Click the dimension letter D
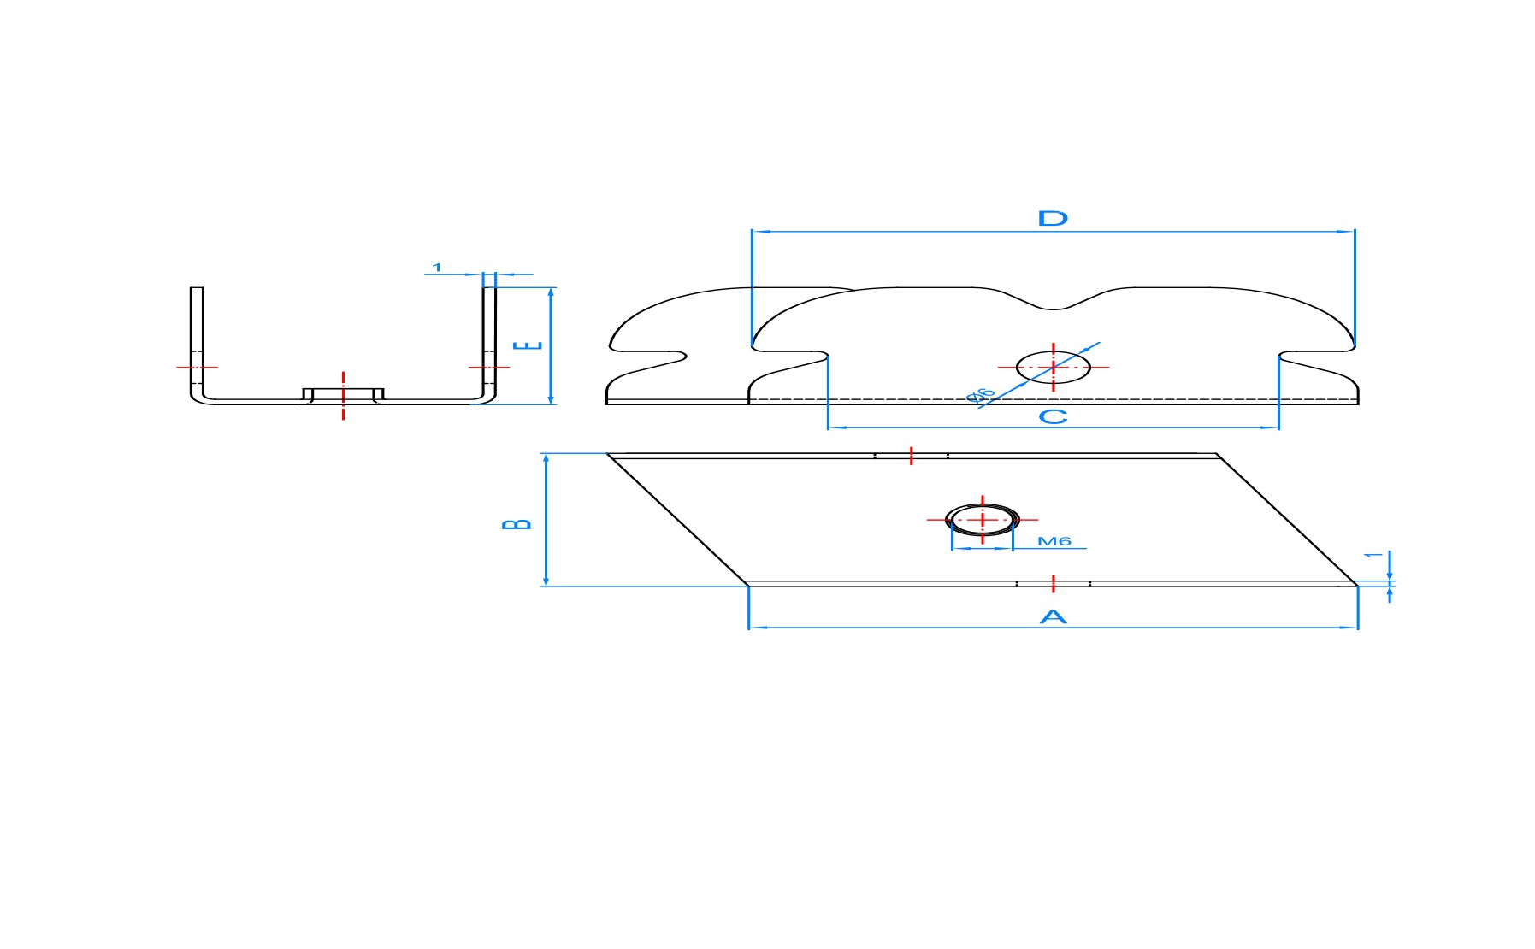1053,218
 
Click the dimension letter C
1053,416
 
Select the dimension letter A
1053,616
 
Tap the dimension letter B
517,523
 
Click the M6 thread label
1054,541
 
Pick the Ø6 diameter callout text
981,395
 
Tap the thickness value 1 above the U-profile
437,268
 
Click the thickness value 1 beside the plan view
1373,556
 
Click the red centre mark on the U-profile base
343,395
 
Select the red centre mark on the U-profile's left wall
197,368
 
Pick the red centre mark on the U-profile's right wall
489,368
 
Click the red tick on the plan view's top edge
912,456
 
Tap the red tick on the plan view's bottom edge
1054,584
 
